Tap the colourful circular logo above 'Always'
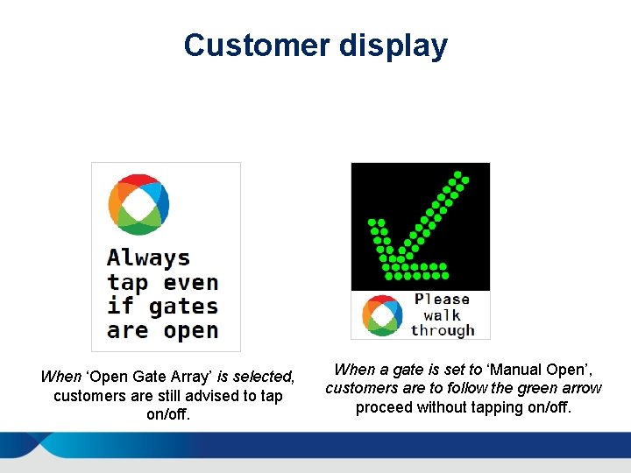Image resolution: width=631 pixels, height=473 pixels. pos(138,205)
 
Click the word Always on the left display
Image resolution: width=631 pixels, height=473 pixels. pos(148,258)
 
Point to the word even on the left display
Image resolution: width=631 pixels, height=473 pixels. pos(190,283)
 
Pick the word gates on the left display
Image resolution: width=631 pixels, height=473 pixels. pos(183,307)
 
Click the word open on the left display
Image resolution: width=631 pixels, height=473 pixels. pos(190,332)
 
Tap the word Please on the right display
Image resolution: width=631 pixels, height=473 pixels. pos(442,300)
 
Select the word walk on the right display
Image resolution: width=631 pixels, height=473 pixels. pos(442,315)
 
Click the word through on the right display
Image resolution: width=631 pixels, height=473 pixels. pos(442,331)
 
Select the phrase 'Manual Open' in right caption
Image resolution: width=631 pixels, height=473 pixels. pos(539,370)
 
